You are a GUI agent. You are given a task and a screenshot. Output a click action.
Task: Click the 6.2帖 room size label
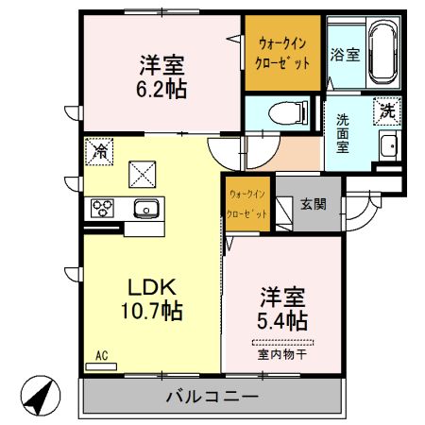pyautogui.click(x=161, y=91)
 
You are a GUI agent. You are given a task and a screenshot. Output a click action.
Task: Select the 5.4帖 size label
pyautogui.click(x=282, y=320)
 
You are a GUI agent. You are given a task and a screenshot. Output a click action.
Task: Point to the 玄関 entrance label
pyautogui.click(x=313, y=202)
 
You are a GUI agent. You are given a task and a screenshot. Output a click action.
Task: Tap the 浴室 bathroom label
pyautogui.click(x=344, y=56)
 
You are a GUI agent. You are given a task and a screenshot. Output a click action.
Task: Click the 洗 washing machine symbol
pyautogui.click(x=387, y=110)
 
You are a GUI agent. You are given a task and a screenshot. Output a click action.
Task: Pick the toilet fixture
pyautogui.click(x=287, y=113)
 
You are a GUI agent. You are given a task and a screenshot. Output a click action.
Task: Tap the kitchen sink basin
pyautogui.click(x=145, y=209)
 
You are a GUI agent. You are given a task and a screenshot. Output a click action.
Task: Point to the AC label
pyautogui.click(x=101, y=356)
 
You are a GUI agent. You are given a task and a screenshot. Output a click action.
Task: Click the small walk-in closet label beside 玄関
pyautogui.click(x=247, y=204)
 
